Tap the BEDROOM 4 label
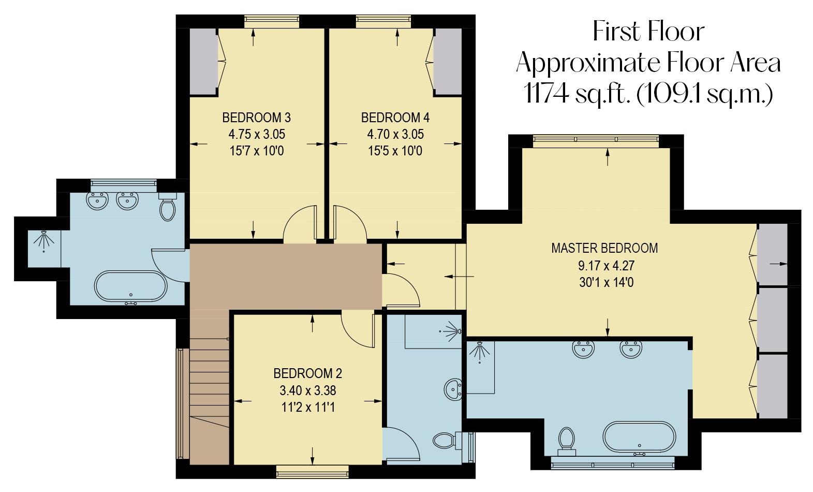[x=395, y=118]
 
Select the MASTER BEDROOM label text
[x=604, y=248]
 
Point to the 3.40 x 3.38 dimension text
[x=307, y=390]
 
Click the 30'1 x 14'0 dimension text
[x=606, y=283]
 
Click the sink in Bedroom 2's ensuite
[x=453, y=388]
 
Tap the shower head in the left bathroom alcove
[x=44, y=240]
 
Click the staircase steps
[x=210, y=383]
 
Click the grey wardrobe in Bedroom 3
[x=202, y=62]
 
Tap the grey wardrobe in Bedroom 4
[x=447, y=62]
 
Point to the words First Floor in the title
[x=648, y=32]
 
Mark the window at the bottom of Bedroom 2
[x=312, y=471]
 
